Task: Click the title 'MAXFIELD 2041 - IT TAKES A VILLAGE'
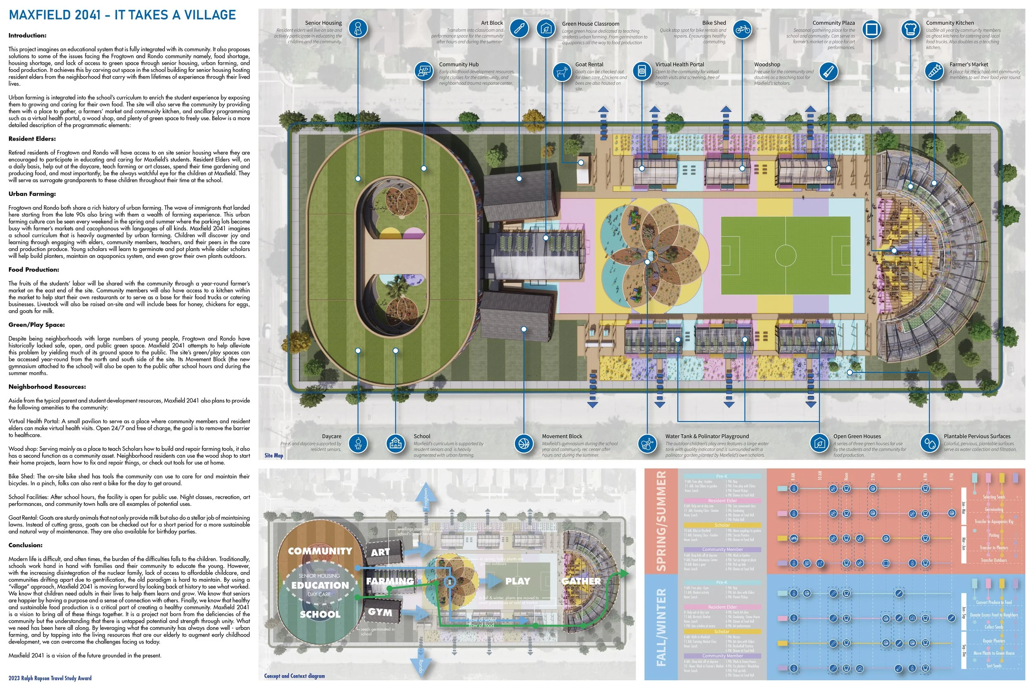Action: pyautogui.click(x=122, y=15)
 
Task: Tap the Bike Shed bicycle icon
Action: pyautogui.click(x=742, y=30)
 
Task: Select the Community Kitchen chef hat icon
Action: pyautogui.click(x=910, y=29)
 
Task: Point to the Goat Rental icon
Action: pyautogui.click(x=561, y=72)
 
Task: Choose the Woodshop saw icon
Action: pyautogui.click(x=829, y=72)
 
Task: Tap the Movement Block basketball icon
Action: pyautogui.click(x=524, y=443)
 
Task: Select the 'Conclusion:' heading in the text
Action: pyautogui.click(x=26, y=545)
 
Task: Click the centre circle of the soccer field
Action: pyautogui.click(x=785, y=255)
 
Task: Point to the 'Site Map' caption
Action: pyautogui.click(x=273, y=455)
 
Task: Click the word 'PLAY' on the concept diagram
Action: pyautogui.click(x=517, y=581)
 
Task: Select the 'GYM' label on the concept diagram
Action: pyautogui.click(x=380, y=612)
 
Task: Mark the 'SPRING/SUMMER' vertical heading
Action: pyautogui.click(x=661, y=521)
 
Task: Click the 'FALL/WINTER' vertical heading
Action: pyautogui.click(x=661, y=627)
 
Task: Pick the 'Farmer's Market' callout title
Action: pyautogui.click(x=969, y=64)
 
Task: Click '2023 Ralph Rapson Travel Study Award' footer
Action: pyautogui.click(x=50, y=678)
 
